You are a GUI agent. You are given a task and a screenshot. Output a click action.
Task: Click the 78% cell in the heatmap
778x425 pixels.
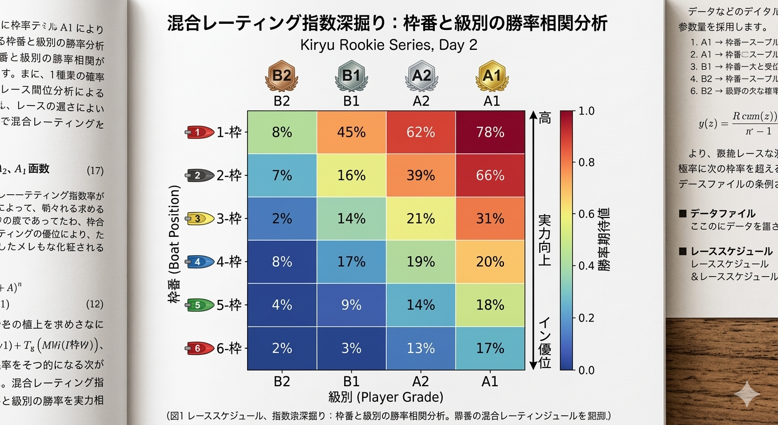point(490,132)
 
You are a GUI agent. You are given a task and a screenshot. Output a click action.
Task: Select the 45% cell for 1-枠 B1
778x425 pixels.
point(351,132)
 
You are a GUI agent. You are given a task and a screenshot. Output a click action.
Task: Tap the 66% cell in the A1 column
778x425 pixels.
point(490,175)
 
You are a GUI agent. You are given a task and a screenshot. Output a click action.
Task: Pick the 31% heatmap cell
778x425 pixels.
point(490,219)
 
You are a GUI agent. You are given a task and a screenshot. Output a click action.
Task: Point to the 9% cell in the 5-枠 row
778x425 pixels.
point(351,305)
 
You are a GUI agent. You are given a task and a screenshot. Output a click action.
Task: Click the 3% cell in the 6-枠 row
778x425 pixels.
point(351,348)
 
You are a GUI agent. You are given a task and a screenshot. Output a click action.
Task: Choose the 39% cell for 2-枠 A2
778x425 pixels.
point(421,175)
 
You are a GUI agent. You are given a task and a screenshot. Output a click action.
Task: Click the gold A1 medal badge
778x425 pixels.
point(491,76)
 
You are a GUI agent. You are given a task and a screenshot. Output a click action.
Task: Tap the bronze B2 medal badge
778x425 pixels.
point(282,76)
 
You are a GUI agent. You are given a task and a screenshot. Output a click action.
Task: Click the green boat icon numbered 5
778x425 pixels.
point(199,305)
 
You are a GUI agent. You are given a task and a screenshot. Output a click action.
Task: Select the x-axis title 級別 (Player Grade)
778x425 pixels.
point(386,397)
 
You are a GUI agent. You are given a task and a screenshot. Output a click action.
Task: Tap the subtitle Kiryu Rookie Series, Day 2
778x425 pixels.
point(388,45)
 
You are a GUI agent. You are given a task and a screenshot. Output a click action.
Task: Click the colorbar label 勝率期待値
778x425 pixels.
point(604,240)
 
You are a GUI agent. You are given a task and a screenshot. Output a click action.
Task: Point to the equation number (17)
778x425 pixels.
point(95,170)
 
